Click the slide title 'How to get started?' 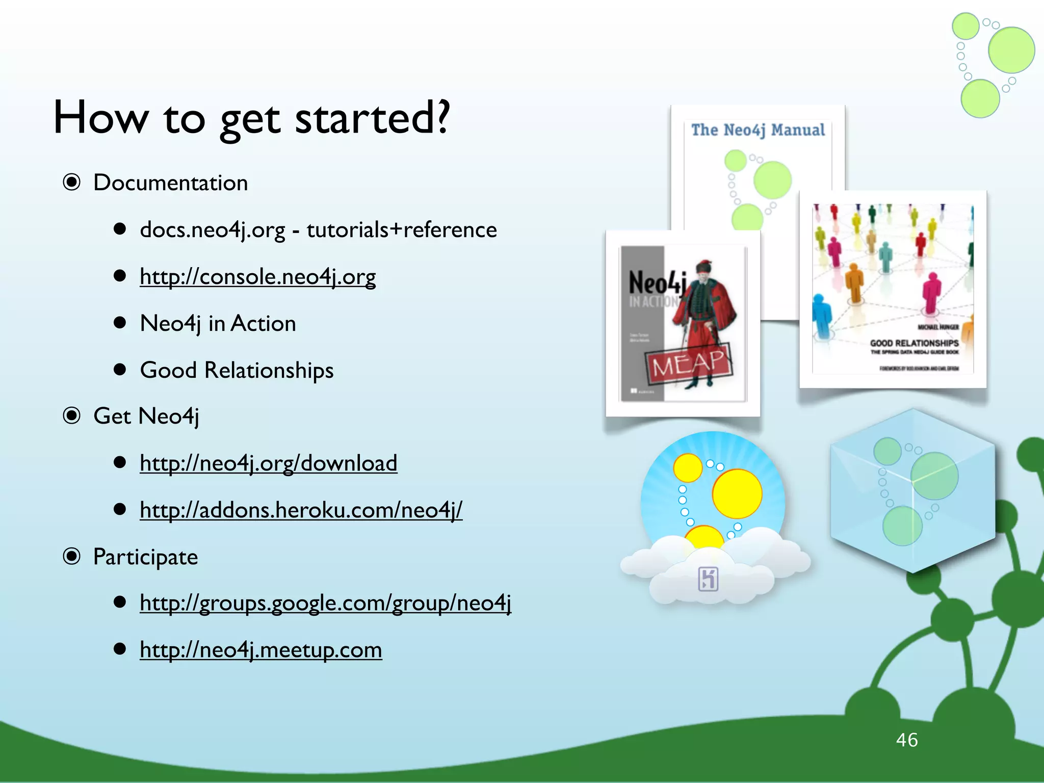pos(251,118)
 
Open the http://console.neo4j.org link pos(257,277)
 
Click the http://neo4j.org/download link pos(268,463)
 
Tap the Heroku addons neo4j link pos(301,510)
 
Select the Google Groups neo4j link pos(325,603)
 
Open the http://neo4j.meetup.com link pos(260,650)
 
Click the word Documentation pos(170,183)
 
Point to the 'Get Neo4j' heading pos(146,416)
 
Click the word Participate pos(145,557)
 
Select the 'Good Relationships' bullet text pos(237,371)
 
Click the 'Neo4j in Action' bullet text pos(218,324)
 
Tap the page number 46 pos(906,740)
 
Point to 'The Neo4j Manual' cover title pos(758,130)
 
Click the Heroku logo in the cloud pos(708,579)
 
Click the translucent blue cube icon pos(912,489)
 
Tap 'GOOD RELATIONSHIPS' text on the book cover pos(914,343)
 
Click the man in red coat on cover pos(703,316)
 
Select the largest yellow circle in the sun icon pos(737,493)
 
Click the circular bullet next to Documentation pos(72,182)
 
